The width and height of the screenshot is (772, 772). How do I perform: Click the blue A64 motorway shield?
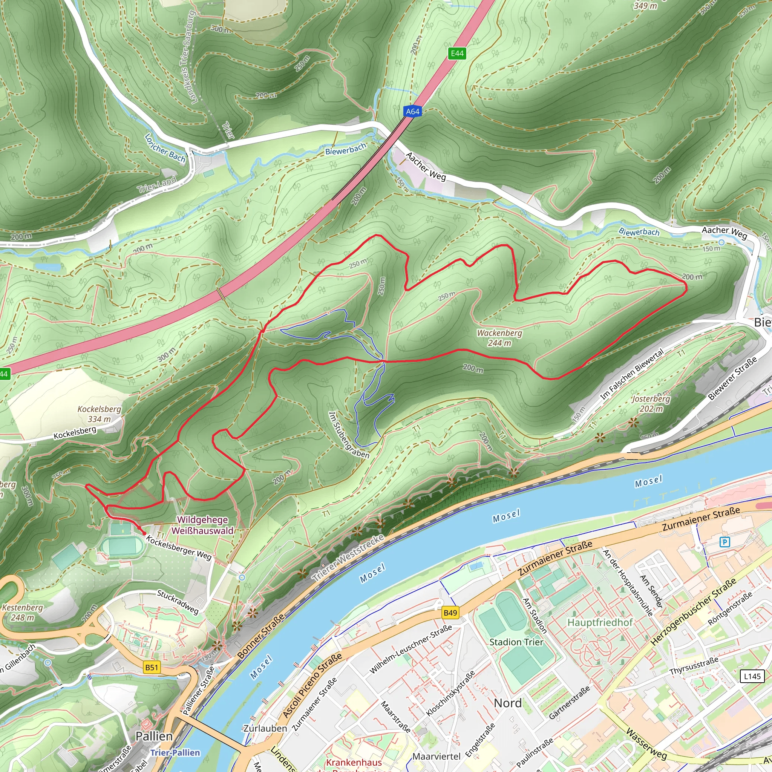412,112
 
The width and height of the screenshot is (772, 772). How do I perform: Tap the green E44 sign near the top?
457,54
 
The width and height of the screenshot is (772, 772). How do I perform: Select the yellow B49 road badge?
450,613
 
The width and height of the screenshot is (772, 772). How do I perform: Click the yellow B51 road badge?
152,667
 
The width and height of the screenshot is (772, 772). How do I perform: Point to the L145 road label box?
752,676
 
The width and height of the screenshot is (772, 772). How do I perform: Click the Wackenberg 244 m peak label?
499,338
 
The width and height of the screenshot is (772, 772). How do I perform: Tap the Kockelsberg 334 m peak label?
99,414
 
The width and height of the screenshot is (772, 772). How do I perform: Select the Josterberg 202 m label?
651,404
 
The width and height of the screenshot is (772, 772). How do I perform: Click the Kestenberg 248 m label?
22,612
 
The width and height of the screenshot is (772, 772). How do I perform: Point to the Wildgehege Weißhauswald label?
202,525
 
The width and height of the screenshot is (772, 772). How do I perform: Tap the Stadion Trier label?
516,642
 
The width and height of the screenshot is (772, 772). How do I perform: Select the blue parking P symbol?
725,542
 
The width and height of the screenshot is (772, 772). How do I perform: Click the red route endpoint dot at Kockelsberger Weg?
144,533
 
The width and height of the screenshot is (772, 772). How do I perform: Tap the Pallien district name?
154,736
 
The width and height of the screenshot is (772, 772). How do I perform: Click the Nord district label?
507,703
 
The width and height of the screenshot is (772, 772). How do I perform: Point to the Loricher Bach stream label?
165,148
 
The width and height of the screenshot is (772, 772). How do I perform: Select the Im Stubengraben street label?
348,435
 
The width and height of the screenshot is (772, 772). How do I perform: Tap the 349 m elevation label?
645,6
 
